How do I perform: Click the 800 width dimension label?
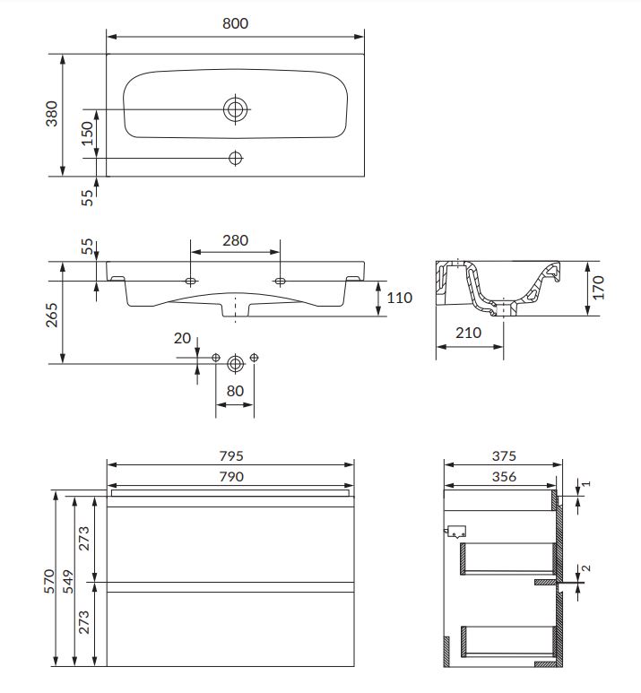pyautogui.click(x=235, y=23)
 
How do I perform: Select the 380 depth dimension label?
pyautogui.click(x=52, y=114)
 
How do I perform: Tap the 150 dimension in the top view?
pyautogui.click(x=88, y=133)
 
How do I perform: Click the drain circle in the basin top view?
pyautogui.click(x=235, y=109)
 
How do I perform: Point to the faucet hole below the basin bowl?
pyautogui.click(x=235, y=158)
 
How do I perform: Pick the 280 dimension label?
pyautogui.click(x=235, y=240)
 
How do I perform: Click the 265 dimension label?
pyautogui.click(x=52, y=315)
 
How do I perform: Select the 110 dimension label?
pyautogui.click(x=399, y=298)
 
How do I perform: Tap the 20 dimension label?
pyautogui.click(x=182, y=338)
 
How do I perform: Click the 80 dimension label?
pyautogui.click(x=235, y=391)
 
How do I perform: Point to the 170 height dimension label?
pyautogui.click(x=598, y=287)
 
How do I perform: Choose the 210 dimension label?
pyautogui.click(x=468, y=333)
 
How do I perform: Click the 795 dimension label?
pyautogui.click(x=231, y=455)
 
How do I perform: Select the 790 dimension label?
pyautogui.click(x=231, y=476)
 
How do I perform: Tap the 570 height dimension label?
pyautogui.click(x=48, y=581)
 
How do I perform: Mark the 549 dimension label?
pyautogui.click(x=68, y=581)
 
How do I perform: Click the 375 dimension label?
pyautogui.click(x=504, y=455)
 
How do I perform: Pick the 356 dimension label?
pyautogui.click(x=504, y=476)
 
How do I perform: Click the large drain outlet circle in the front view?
pyautogui.click(x=235, y=364)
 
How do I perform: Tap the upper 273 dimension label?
pyautogui.click(x=83, y=538)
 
